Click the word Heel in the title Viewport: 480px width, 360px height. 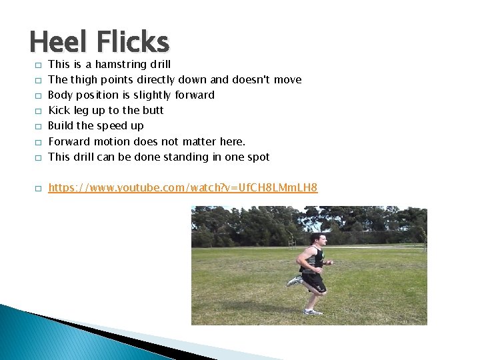click(59, 42)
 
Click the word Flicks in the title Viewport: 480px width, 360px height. click(133, 42)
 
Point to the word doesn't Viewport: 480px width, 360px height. click(252, 80)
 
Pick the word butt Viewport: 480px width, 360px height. click(153, 110)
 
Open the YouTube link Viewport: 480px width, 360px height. click(183, 188)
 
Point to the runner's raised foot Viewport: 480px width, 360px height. click(294, 281)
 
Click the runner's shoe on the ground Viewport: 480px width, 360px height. click(312, 311)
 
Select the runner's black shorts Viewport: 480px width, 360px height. click(314, 281)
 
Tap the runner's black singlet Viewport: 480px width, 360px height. click(315, 258)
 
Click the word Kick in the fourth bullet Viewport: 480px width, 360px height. click(59, 110)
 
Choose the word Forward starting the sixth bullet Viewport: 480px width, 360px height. click(69, 141)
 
